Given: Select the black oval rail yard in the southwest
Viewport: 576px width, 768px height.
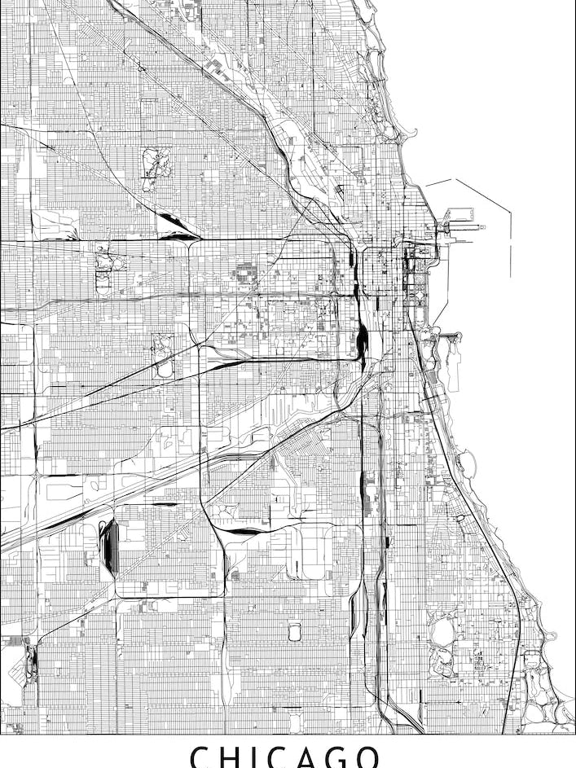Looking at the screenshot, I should tap(110, 546).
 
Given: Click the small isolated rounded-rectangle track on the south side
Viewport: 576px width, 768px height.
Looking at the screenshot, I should tap(294, 631).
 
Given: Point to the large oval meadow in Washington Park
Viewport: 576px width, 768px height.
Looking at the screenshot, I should tap(443, 631).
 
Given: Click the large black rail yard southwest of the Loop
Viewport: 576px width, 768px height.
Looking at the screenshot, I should tap(362, 334).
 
